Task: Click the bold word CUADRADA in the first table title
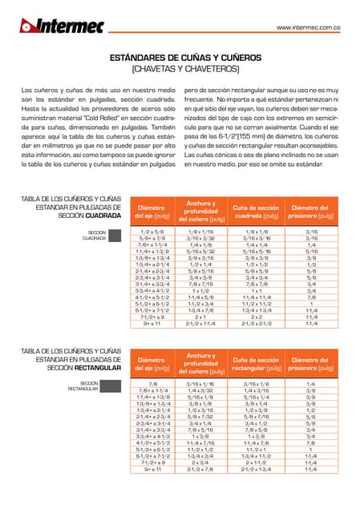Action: click(103, 216)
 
